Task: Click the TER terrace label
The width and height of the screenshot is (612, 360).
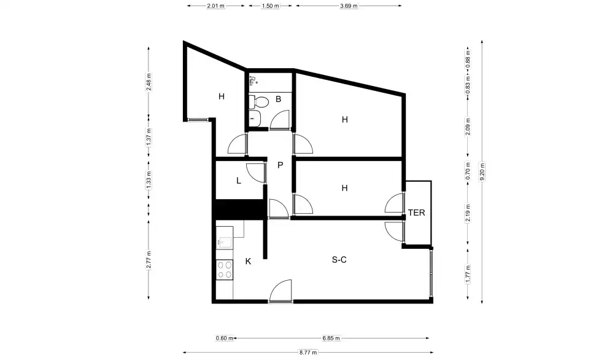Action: click(x=416, y=213)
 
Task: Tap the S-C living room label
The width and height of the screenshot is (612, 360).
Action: click(x=339, y=260)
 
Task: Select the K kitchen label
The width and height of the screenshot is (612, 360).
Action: click(x=248, y=261)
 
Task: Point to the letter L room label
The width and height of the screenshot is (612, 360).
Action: click(x=238, y=181)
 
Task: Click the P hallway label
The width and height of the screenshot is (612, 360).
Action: click(x=281, y=165)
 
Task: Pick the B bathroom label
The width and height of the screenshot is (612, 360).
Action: click(x=278, y=99)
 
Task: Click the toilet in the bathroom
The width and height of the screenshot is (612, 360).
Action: click(x=259, y=102)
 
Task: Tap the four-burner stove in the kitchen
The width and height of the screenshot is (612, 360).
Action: click(x=225, y=270)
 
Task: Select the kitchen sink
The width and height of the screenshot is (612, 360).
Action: click(x=225, y=242)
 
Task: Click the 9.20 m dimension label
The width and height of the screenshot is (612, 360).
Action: click(x=482, y=172)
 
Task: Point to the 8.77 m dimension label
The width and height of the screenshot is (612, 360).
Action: click(x=308, y=353)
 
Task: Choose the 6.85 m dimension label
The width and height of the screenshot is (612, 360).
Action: click(x=331, y=338)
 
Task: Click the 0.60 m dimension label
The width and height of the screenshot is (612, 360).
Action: click(x=225, y=338)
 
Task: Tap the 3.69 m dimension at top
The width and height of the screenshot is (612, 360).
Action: click(x=349, y=6)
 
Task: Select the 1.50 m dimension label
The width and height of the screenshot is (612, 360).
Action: click(x=271, y=6)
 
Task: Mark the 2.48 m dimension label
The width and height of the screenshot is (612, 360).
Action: click(x=149, y=82)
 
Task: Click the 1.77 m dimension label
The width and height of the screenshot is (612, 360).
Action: click(x=468, y=274)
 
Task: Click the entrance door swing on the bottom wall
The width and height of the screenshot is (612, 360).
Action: click(x=281, y=291)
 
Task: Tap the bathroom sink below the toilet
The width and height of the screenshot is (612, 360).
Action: click(x=255, y=119)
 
